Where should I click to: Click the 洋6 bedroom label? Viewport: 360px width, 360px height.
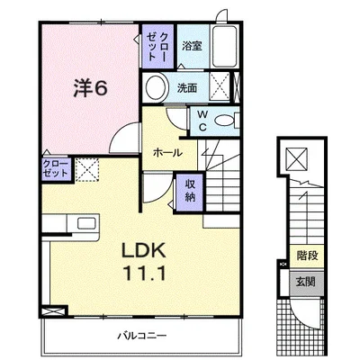click(x=90, y=88)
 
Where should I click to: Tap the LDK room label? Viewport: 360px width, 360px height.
click(x=143, y=250)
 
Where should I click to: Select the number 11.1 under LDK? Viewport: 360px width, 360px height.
click(x=144, y=274)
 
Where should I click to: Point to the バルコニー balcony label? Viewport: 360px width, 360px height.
click(x=141, y=335)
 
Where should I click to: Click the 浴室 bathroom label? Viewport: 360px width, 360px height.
click(x=192, y=46)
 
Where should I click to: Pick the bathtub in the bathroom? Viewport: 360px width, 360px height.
click(x=224, y=47)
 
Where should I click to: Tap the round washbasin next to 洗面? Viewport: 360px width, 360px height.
click(x=156, y=87)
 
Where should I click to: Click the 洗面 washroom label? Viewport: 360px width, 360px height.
click(x=187, y=88)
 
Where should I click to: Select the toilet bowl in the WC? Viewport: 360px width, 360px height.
click(x=224, y=121)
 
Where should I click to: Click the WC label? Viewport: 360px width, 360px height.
click(x=202, y=121)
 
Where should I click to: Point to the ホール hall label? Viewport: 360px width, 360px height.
click(x=167, y=153)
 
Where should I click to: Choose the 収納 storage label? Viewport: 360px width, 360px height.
click(x=190, y=191)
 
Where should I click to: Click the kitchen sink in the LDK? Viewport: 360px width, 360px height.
click(x=86, y=223)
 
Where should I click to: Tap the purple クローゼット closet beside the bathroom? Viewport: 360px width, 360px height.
click(x=157, y=46)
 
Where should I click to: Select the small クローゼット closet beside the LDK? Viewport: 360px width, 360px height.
click(x=57, y=169)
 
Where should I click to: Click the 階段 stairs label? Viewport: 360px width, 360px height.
click(x=307, y=256)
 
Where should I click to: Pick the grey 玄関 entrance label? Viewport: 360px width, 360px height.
click(x=306, y=282)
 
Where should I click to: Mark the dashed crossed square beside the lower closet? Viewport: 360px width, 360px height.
click(x=87, y=169)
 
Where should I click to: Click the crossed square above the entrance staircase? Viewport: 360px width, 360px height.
click(x=296, y=158)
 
